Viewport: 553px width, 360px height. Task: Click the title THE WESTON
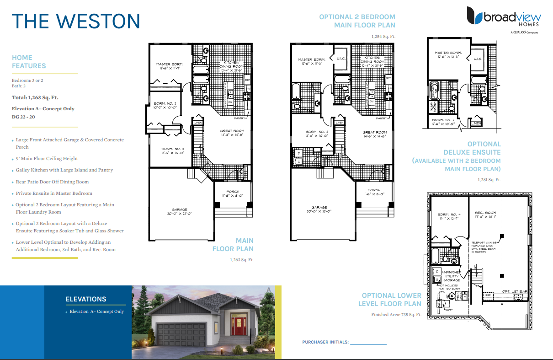pos(75,21)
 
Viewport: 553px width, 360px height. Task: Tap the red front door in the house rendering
pos(237,325)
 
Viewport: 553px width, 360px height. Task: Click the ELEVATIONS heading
pos(86,299)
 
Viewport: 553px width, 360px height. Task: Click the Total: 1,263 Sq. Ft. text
pos(35,97)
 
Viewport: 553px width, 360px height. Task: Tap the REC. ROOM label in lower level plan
pos(485,213)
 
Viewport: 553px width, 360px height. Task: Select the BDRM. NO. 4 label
pos(448,215)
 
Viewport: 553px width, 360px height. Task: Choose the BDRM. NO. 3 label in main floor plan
pos(172,149)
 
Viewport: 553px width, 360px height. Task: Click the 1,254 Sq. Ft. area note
pos(383,36)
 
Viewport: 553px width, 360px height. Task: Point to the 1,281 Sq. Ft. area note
pos(489,180)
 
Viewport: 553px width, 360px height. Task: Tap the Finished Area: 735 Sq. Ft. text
pos(396,315)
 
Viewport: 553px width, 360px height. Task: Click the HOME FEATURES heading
pos(29,62)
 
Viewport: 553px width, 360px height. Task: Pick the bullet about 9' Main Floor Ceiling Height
pos(47,159)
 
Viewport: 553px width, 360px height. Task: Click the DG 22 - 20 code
pos(25,117)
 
